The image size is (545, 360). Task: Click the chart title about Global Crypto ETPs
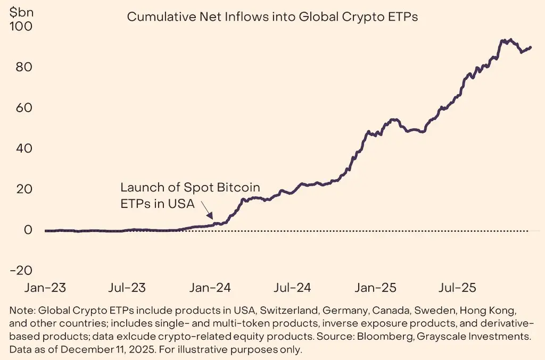click(x=272, y=17)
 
